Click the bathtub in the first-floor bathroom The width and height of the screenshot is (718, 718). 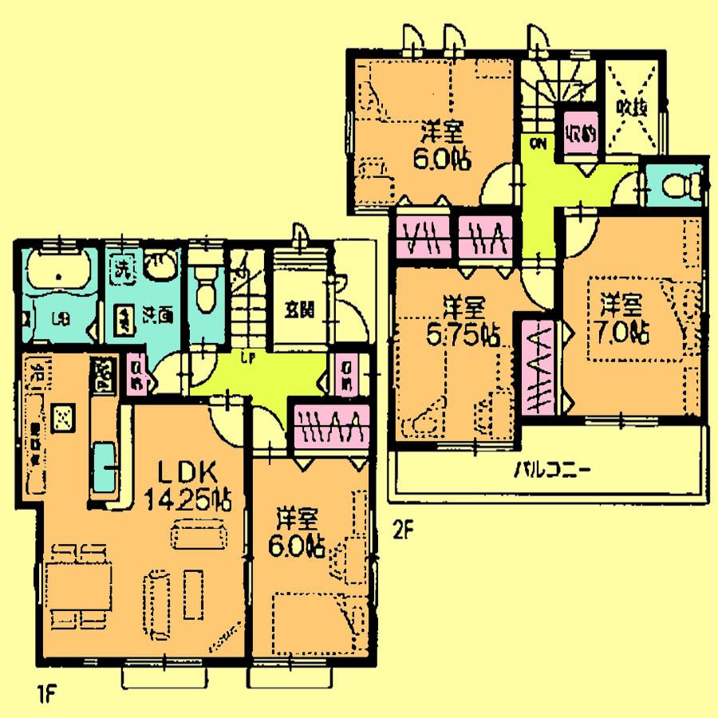[61, 275]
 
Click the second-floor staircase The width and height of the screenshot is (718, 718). [554, 88]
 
